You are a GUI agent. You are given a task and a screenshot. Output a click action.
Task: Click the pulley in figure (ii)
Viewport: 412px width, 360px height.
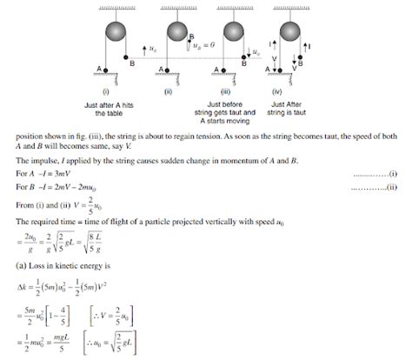(x=172, y=30)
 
